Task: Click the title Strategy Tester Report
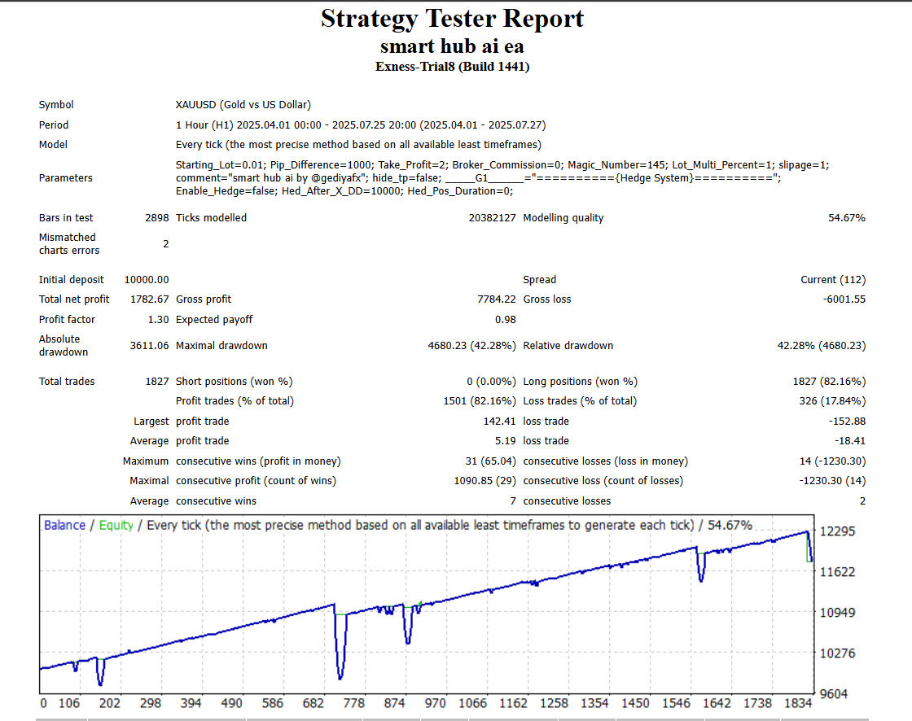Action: pos(452,19)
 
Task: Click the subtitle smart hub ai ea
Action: pos(452,46)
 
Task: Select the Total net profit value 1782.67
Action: pos(150,299)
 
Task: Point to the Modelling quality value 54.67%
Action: pos(847,218)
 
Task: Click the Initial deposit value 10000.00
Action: pos(147,280)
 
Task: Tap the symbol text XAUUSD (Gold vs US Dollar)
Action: pos(243,105)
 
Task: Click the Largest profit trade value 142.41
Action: pos(499,422)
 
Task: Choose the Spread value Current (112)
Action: pos(833,280)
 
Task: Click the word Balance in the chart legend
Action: pos(64,526)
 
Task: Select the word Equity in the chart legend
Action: pos(116,526)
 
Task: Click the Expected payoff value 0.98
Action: pos(506,320)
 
